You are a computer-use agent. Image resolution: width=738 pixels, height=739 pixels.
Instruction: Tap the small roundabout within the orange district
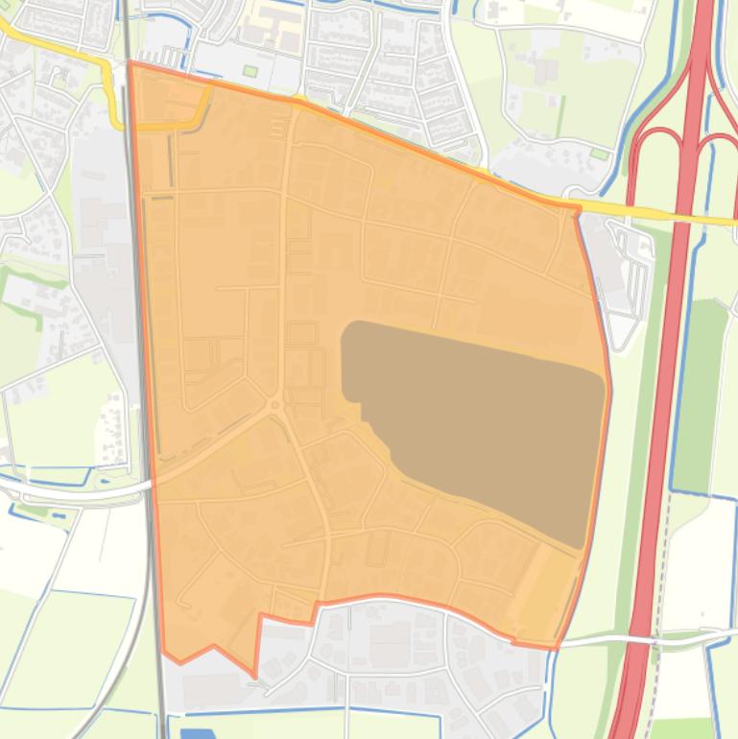pos(274,406)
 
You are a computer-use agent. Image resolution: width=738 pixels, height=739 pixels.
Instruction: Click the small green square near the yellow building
pos(250,71)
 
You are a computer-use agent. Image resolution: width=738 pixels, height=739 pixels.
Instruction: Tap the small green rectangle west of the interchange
pos(599,153)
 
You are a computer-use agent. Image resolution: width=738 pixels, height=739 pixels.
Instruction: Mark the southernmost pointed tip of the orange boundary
pos(255,676)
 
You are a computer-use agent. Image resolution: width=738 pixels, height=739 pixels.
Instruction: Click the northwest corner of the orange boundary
pos(131,63)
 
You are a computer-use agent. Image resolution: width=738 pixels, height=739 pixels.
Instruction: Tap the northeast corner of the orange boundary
pos(578,206)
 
